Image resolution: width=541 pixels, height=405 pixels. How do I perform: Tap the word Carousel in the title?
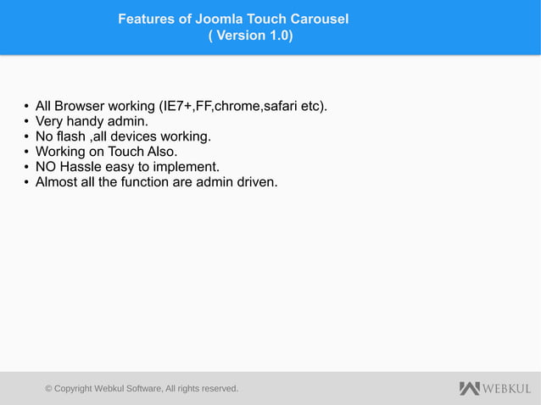318,19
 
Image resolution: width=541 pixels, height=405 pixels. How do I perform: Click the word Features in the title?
146,19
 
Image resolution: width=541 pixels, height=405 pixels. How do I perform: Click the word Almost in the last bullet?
56,182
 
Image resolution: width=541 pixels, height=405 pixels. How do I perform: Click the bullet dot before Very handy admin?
26,122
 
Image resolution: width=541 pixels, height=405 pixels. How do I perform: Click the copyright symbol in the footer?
49,389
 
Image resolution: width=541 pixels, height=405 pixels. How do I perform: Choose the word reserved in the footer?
215,389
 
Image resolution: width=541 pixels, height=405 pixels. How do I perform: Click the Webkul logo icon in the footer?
469,388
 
